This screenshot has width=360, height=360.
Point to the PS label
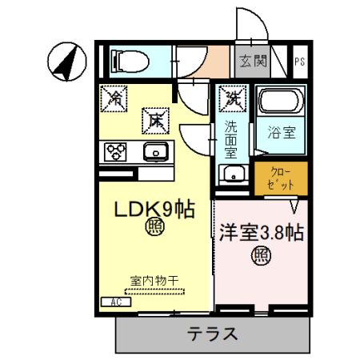pyautogui.click(x=298, y=62)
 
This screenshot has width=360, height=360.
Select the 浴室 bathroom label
pyautogui.click(x=281, y=132)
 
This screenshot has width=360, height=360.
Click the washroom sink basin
pyautogui.click(x=233, y=175)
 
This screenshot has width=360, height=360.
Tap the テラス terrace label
pyautogui.click(x=212, y=334)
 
